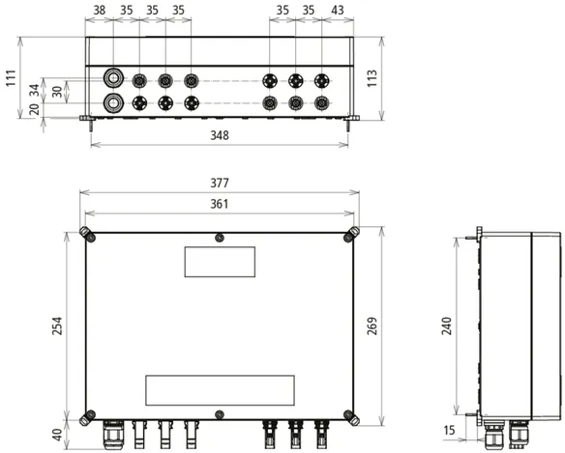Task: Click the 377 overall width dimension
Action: [219, 184]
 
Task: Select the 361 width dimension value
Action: [219, 204]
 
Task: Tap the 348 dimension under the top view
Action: [220, 135]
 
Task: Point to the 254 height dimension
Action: [57, 326]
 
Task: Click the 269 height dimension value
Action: [372, 326]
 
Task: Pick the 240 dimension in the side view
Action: [446, 326]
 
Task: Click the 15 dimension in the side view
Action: [449, 431]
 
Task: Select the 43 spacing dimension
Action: [338, 10]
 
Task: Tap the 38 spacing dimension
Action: [100, 10]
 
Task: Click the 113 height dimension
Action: [372, 78]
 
